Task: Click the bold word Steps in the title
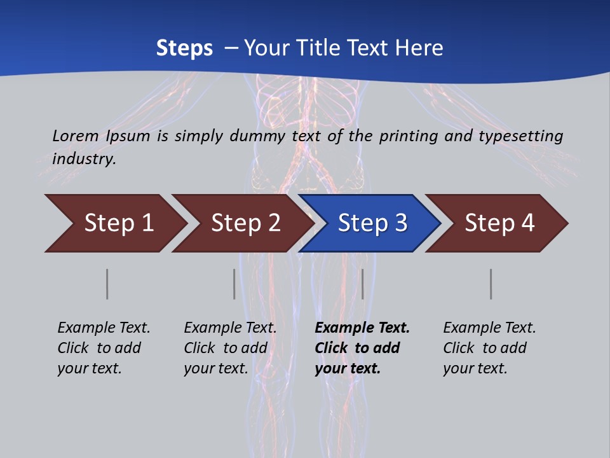184,48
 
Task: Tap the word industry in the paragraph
83,158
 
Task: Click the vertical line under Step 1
107,284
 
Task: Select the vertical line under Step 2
234,284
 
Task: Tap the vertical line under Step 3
362,284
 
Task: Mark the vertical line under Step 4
491,284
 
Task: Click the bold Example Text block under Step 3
362,348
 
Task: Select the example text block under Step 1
104,348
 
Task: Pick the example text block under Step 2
230,348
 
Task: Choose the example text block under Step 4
489,348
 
